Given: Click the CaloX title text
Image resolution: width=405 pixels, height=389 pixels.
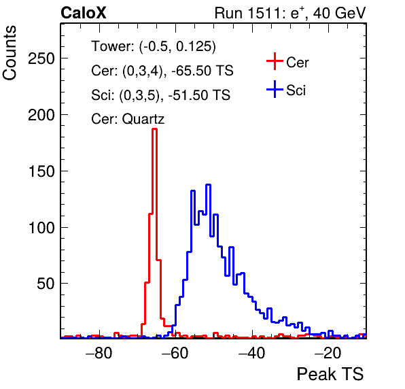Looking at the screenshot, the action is pos(84,13).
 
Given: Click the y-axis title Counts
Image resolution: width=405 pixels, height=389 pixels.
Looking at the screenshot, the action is pos(10,53).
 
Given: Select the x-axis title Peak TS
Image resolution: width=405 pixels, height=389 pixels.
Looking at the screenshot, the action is pos(330,374).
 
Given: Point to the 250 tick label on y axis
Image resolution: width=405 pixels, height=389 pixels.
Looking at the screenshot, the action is pos(41,58).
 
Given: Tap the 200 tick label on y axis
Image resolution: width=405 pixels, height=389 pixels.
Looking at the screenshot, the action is pos(41,115).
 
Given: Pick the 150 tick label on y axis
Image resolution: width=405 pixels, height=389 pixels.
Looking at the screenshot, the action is pos(41,171).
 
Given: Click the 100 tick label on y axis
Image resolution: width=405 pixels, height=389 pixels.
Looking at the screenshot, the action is pos(41,228).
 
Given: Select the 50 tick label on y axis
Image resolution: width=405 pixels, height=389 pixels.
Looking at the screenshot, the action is pos(46,284).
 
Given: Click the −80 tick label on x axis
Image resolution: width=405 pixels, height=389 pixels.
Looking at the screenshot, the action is pos(99,353).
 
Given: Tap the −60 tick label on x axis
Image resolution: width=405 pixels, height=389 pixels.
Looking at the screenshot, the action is pos(175,353).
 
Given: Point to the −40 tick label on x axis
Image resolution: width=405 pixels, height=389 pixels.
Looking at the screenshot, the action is pos(252,353).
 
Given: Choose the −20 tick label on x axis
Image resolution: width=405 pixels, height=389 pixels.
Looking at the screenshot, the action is pos(328,353).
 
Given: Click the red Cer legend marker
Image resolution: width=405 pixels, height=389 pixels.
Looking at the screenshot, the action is pos(275,61).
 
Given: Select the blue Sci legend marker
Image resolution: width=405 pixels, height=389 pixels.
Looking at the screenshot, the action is pos(275,90).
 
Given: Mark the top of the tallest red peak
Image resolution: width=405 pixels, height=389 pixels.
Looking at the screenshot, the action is pos(154,129).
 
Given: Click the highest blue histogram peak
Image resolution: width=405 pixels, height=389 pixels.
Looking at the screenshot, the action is pos(209,184).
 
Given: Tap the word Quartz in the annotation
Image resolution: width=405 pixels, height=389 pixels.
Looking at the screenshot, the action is pos(143,119).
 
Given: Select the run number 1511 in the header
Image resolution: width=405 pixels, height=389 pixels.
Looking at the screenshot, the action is pos(264,13).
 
